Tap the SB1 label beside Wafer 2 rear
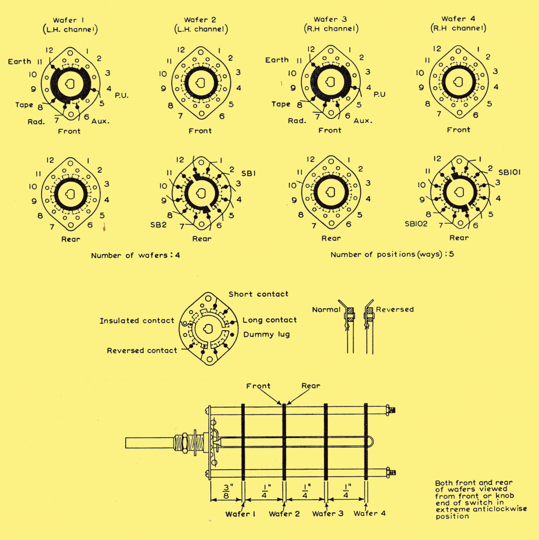click(x=248, y=174)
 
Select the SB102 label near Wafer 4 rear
click(x=416, y=224)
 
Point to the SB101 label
click(x=510, y=172)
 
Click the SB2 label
click(x=158, y=225)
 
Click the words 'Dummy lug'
click(x=267, y=335)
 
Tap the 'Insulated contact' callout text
click(x=137, y=321)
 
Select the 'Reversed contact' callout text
click(x=142, y=350)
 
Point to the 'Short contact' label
click(x=258, y=294)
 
